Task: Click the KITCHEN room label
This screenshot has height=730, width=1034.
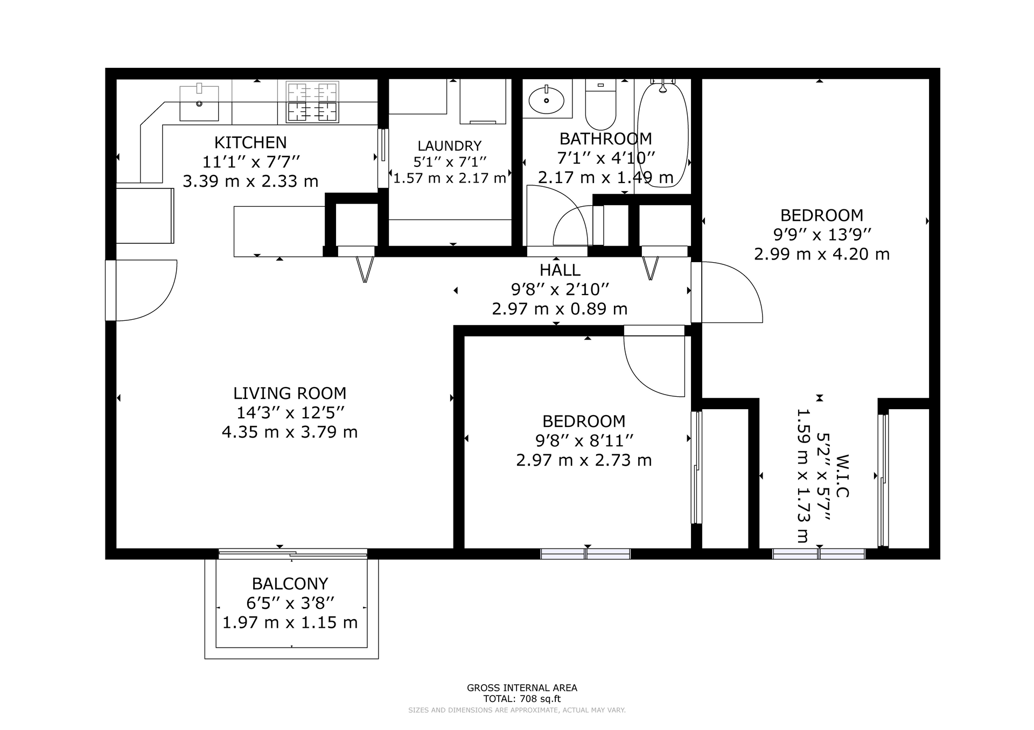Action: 250,143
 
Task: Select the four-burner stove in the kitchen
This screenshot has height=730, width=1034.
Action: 312,101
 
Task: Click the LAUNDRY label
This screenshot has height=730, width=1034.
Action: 450,146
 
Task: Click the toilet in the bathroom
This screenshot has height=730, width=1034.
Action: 600,104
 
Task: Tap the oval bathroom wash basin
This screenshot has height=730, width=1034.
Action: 547,100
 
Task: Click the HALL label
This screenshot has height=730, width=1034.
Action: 560,270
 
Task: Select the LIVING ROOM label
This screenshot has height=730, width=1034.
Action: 290,393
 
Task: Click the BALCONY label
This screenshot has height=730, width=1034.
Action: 290,584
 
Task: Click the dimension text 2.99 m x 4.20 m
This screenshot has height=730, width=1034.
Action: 822,254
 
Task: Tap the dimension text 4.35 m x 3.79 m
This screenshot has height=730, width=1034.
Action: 290,432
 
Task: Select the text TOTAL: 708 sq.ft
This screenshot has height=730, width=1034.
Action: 522,699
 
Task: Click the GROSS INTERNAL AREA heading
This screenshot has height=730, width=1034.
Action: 522,687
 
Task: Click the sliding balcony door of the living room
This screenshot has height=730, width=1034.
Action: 292,553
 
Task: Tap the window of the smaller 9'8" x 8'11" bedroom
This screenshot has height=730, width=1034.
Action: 585,554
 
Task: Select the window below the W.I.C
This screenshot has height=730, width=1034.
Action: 819,554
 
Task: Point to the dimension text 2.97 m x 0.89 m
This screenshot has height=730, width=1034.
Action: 560,309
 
